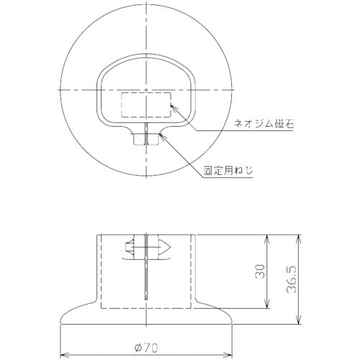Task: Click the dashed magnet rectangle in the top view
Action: pos(146,104)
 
